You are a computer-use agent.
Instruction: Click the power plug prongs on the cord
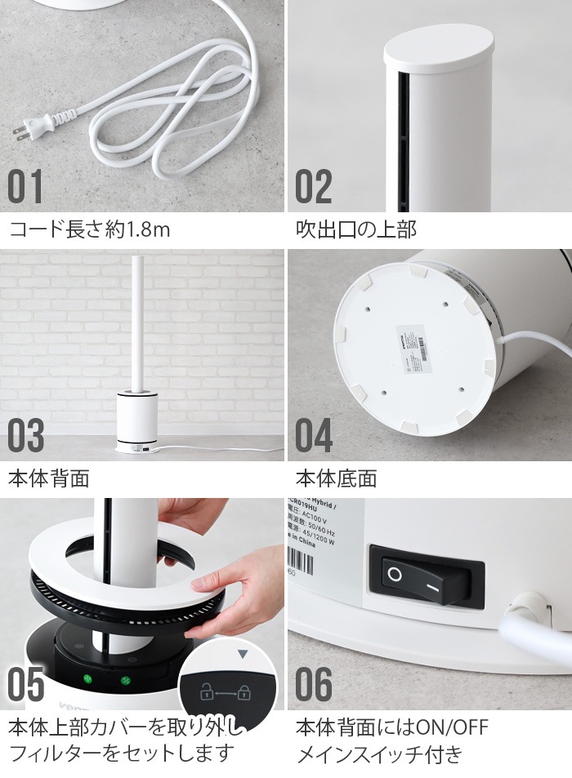pyautogui.click(x=22, y=131)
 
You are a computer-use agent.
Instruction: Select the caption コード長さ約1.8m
pyautogui.click(x=89, y=229)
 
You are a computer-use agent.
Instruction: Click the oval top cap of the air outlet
pyautogui.click(x=439, y=51)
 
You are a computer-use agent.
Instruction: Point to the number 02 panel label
pyautogui.click(x=314, y=187)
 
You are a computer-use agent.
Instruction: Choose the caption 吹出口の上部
pyautogui.click(x=355, y=229)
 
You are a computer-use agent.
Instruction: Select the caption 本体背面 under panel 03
pyautogui.click(x=48, y=478)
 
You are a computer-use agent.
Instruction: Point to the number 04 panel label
pyautogui.click(x=314, y=437)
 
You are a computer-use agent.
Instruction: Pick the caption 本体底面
pyautogui.click(x=336, y=478)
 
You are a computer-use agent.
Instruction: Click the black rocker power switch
pyautogui.click(x=426, y=576)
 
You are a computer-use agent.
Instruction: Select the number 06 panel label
pyautogui.click(x=314, y=686)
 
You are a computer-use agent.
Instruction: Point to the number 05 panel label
pyautogui.click(x=26, y=686)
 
